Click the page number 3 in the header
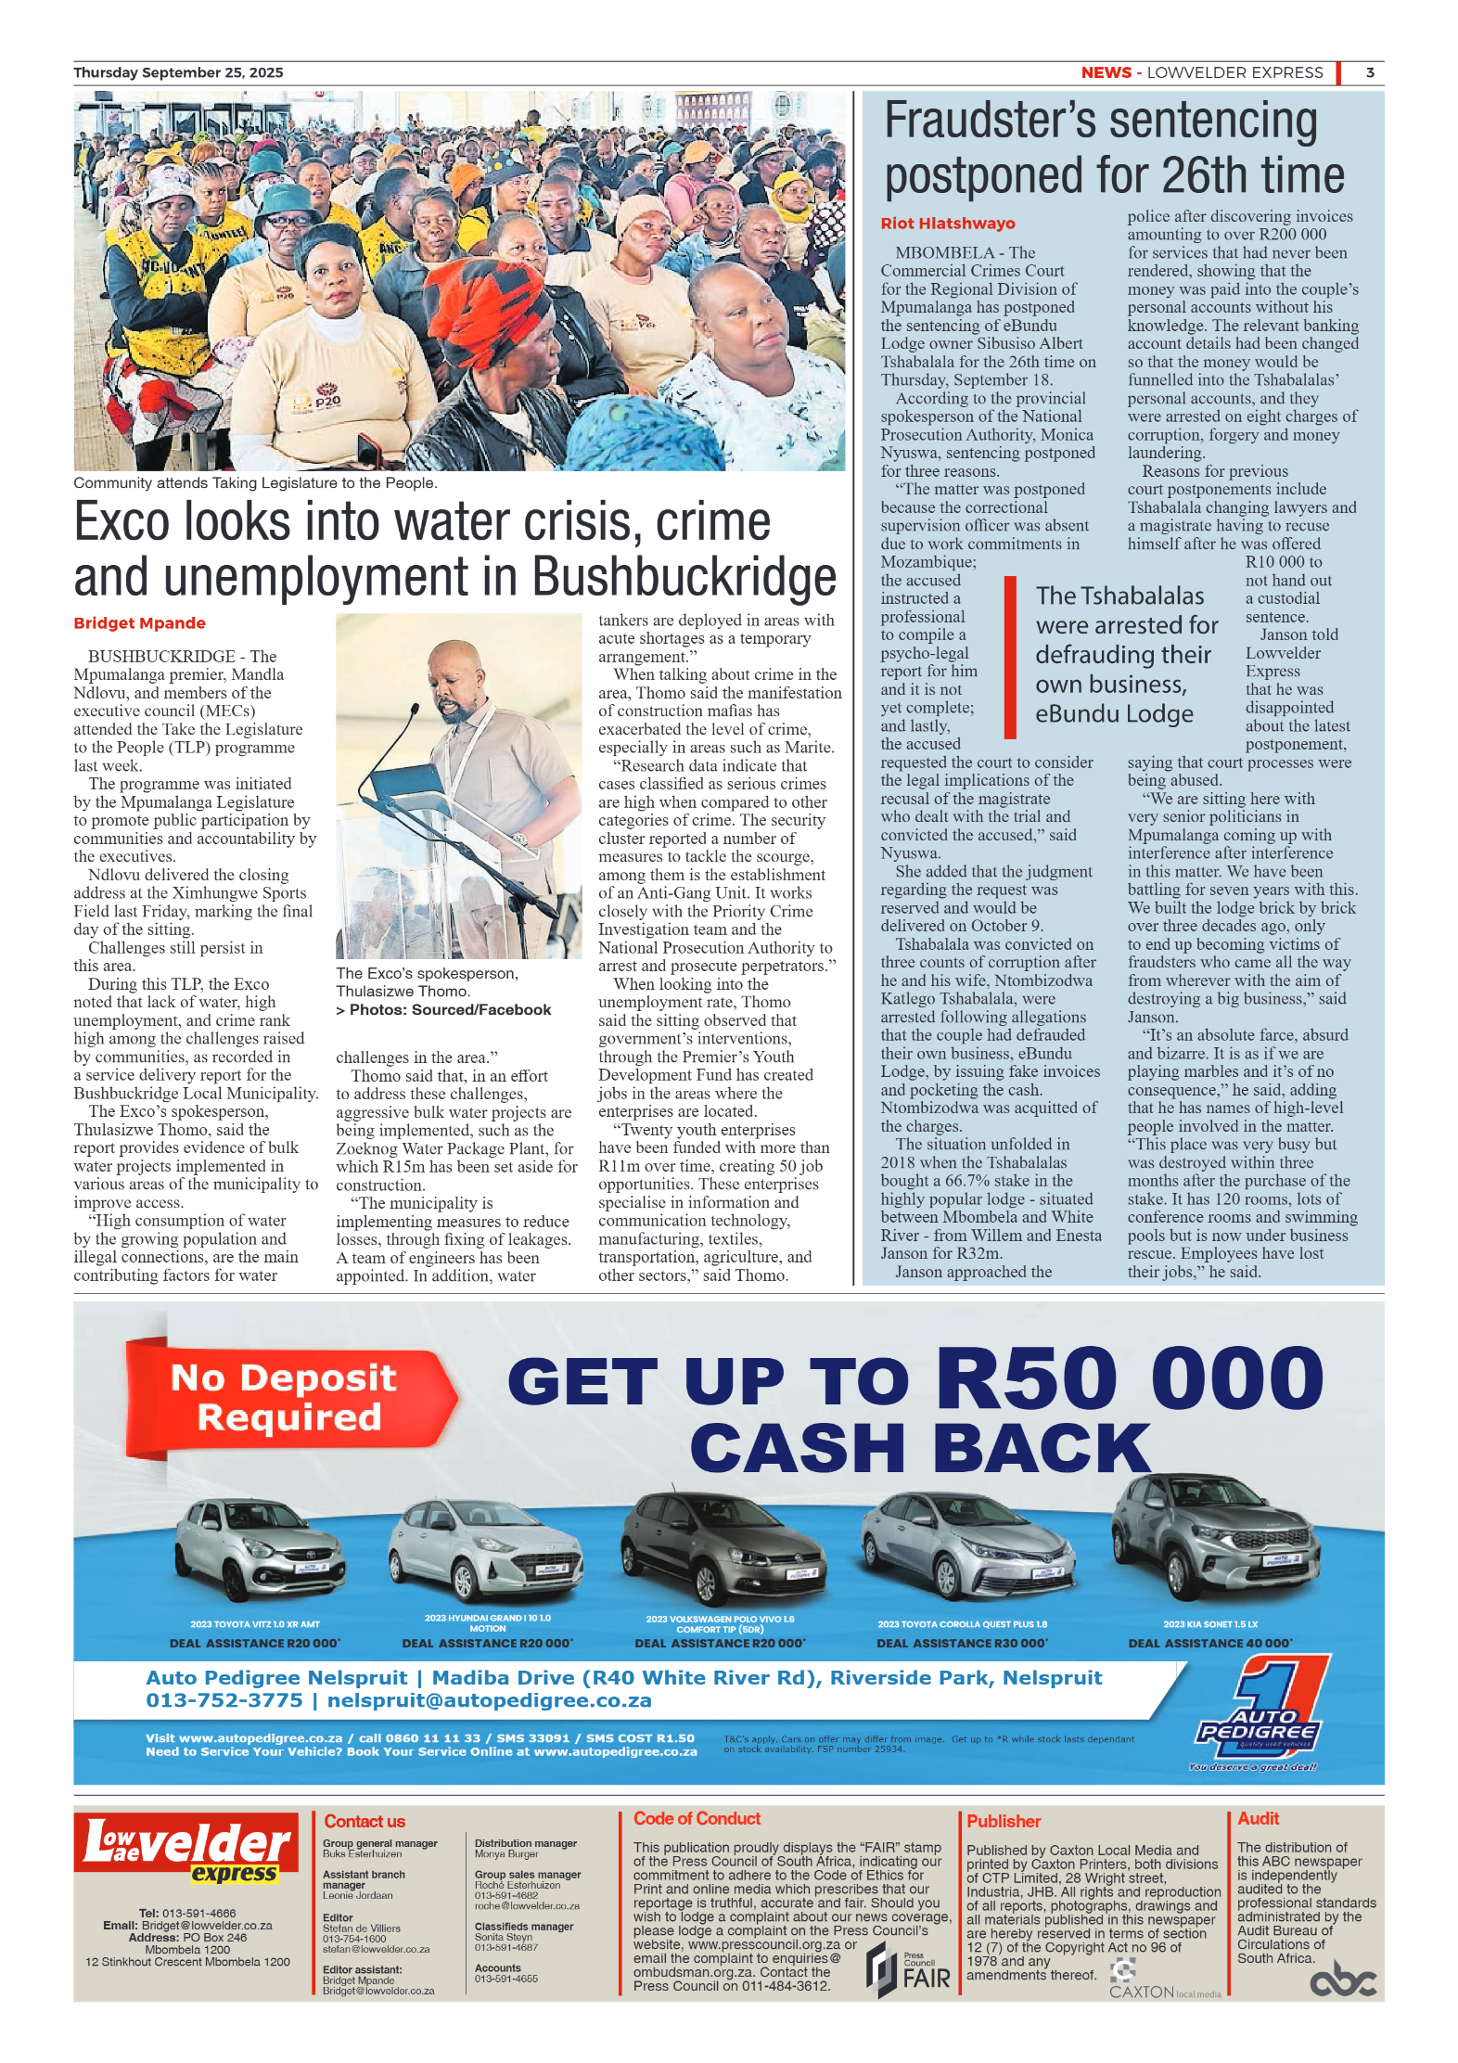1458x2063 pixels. (1369, 72)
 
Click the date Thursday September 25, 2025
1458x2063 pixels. (178, 72)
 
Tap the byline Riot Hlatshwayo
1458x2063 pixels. (947, 224)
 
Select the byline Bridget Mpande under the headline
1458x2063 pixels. (139, 623)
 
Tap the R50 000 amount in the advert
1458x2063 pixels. (1130, 1378)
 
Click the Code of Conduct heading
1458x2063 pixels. (697, 1819)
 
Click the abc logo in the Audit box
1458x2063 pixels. (1342, 1982)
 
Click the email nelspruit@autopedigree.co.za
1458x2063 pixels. (489, 1700)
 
